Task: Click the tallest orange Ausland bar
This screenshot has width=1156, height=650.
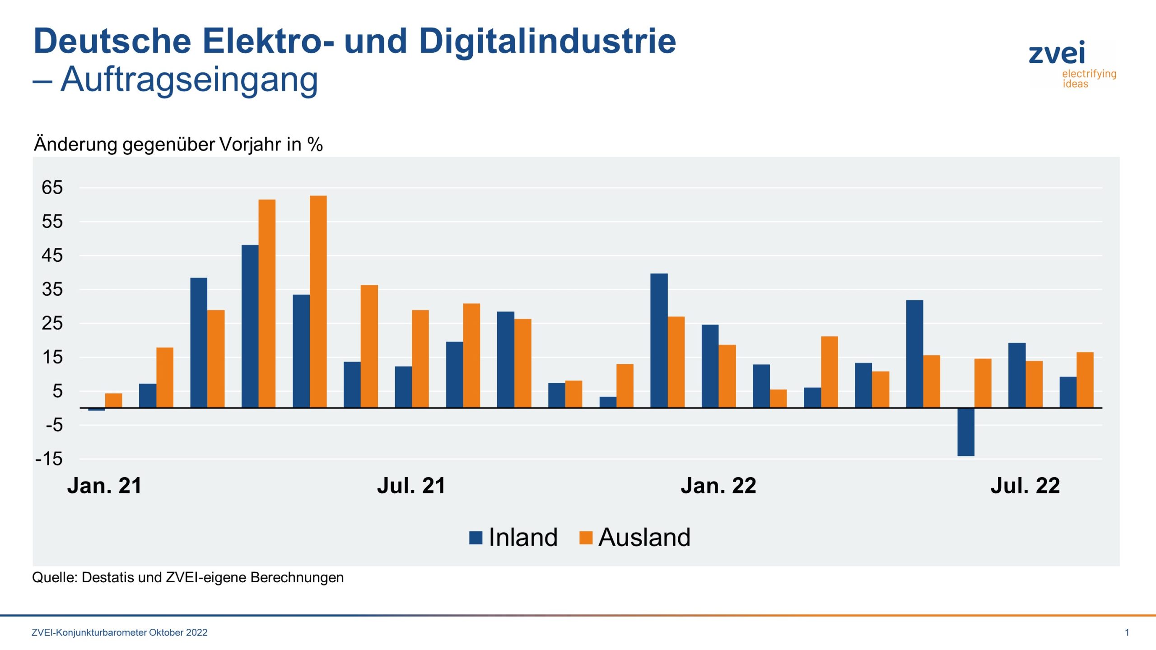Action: pyautogui.click(x=318, y=302)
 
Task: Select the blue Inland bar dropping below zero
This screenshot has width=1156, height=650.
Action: pyautogui.click(x=965, y=432)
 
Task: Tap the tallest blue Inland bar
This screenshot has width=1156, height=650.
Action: pyautogui.click(x=250, y=326)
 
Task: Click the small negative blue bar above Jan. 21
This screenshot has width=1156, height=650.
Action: pyautogui.click(x=97, y=409)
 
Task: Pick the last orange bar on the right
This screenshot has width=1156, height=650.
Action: pyautogui.click(x=1085, y=380)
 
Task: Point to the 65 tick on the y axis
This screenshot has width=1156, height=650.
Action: pyautogui.click(x=52, y=188)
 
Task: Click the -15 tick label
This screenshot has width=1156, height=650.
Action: pyautogui.click(x=49, y=459)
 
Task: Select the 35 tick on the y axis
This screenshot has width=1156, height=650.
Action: pyautogui.click(x=52, y=289)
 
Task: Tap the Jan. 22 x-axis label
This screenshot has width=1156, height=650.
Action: pyautogui.click(x=718, y=486)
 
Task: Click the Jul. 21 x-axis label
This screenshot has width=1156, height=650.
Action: pyautogui.click(x=411, y=486)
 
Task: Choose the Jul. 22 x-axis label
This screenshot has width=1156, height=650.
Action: pyautogui.click(x=1025, y=486)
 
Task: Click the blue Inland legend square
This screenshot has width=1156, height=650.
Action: pyautogui.click(x=475, y=538)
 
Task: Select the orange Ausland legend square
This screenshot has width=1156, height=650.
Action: pyautogui.click(x=585, y=538)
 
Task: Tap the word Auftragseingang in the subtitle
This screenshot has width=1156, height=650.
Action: pyautogui.click(x=189, y=80)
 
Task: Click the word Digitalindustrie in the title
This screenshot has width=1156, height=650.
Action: pyautogui.click(x=547, y=42)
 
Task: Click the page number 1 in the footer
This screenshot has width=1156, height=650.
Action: pyautogui.click(x=1127, y=632)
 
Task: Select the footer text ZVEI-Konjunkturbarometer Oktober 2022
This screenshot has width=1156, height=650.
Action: pyautogui.click(x=120, y=632)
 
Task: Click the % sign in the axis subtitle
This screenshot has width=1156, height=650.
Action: pyautogui.click(x=315, y=145)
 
